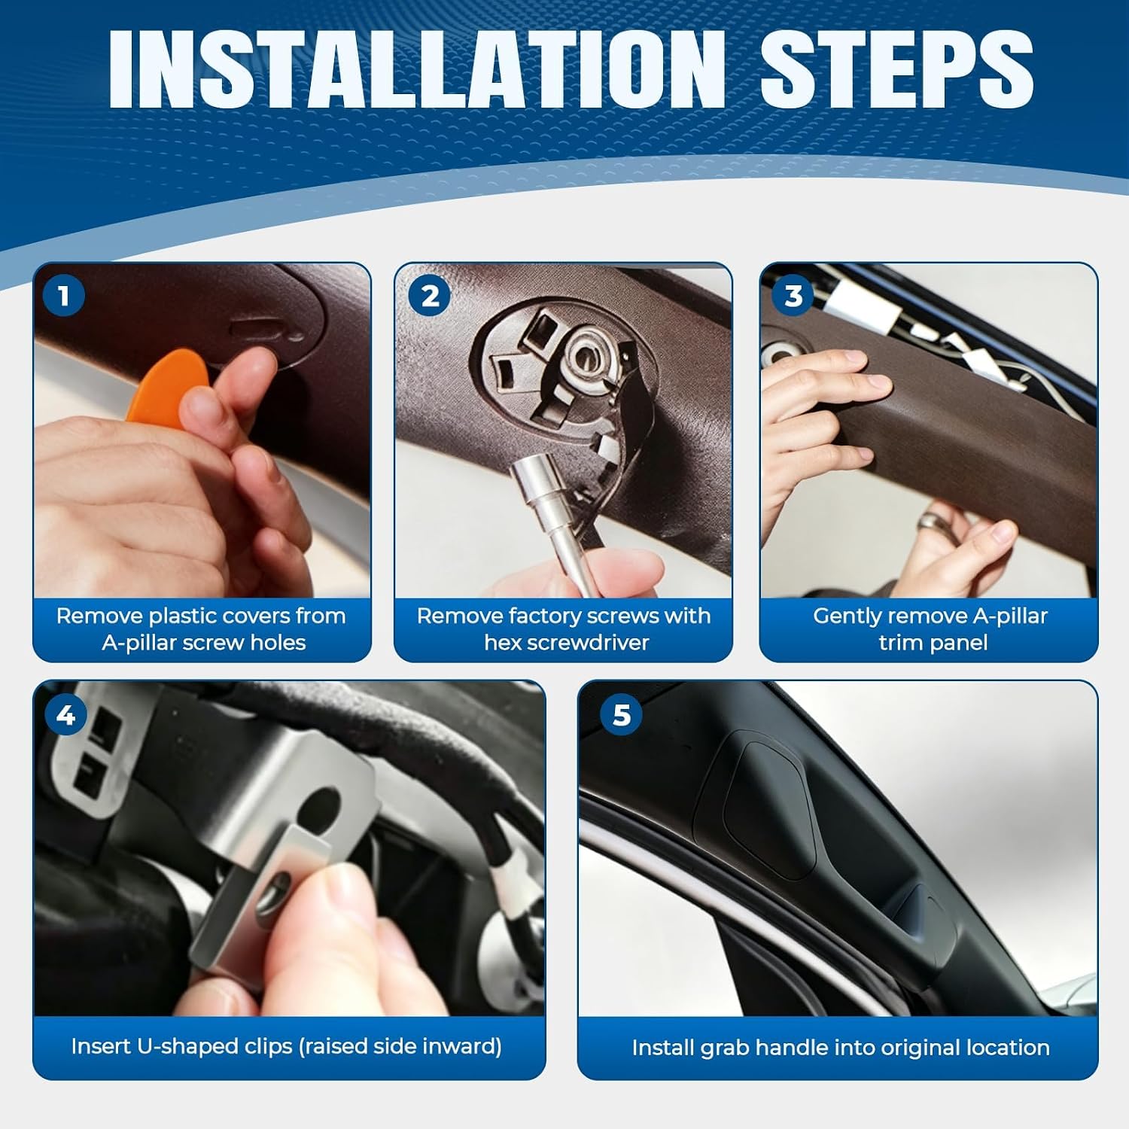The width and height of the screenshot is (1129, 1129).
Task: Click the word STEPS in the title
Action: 896,70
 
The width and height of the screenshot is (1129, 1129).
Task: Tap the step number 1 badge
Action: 63,295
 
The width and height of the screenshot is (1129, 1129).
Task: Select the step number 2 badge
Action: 430,296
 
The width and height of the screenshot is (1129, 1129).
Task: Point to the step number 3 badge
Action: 793,296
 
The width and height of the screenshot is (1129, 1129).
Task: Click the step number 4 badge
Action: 65,714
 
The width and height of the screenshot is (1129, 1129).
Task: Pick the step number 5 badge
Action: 621,714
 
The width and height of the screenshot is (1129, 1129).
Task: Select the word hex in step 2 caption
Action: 501,643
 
